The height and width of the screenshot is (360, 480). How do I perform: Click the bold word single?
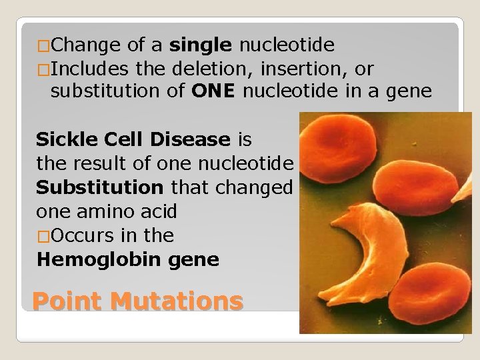tap(201, 45)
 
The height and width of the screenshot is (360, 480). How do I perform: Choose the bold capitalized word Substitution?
tap(99, 187)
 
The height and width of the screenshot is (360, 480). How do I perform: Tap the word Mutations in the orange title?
tap(177, 301)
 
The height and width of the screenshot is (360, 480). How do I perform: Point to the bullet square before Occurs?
tap(43, 236)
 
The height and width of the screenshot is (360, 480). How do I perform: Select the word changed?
tap(254, 187)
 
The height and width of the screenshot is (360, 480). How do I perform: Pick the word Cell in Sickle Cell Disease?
tap(121, 139)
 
